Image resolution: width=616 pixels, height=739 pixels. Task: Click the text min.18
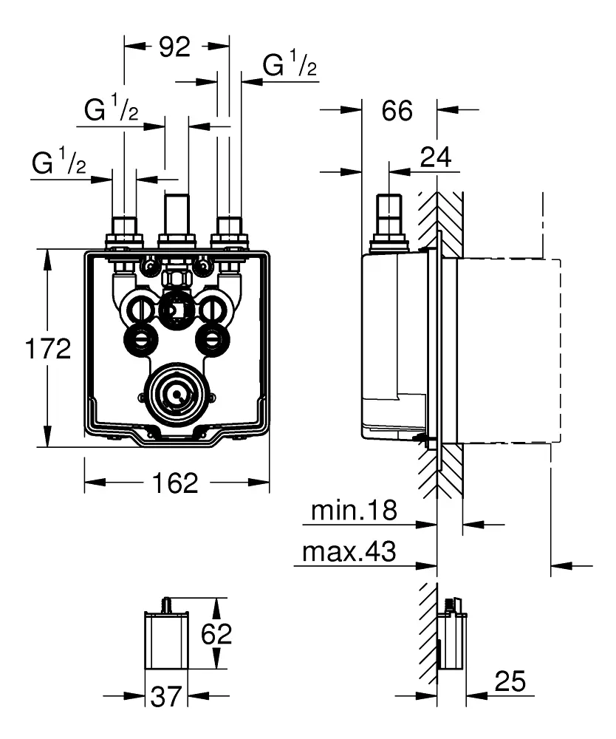pos(354,510)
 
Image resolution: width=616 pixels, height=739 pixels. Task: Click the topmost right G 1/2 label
pos(290,66)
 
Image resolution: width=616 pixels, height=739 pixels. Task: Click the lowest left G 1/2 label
pos(58,163)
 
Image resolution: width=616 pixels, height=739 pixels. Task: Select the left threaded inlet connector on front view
pos(123,233)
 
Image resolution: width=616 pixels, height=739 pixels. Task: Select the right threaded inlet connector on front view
pos(230,233)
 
